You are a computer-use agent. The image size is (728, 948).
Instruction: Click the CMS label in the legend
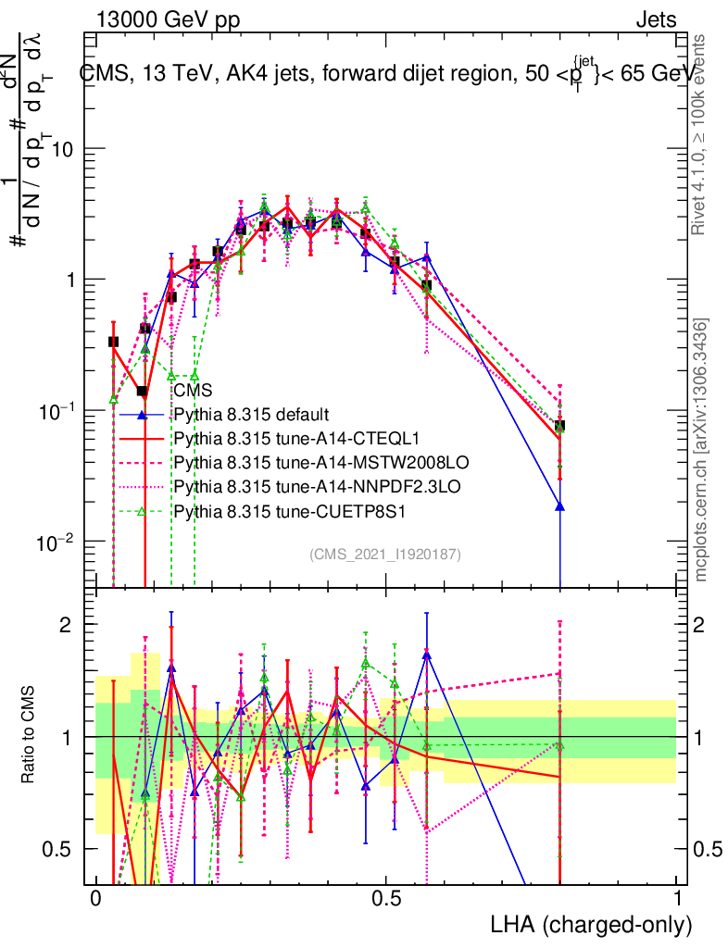[192, 391]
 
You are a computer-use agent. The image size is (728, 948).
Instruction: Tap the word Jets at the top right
[655, 19]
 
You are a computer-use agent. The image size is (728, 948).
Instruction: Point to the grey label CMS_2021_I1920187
[385, 554]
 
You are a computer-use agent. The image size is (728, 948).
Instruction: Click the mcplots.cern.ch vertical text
[702, 450]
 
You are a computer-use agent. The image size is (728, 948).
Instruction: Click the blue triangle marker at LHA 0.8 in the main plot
[559, 505]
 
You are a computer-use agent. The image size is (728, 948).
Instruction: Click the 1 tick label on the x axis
[676, 899]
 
